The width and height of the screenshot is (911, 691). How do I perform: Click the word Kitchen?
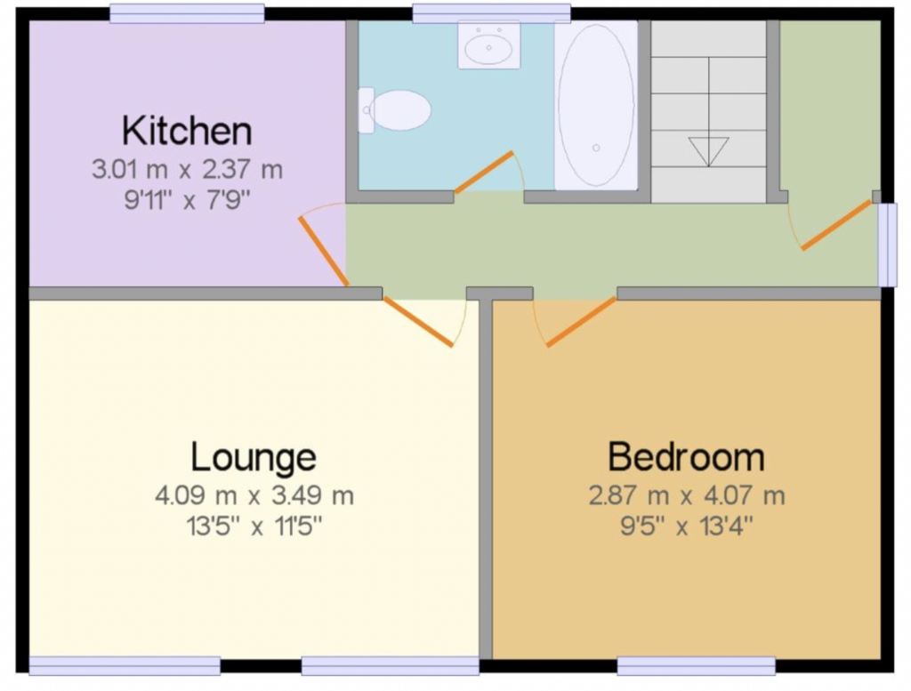coord(187,132)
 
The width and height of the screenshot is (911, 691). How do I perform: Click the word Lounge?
coord(254,458)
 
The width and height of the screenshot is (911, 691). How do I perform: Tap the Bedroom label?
coord(686,457)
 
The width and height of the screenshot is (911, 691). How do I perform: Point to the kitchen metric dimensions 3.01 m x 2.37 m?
coord(187,170)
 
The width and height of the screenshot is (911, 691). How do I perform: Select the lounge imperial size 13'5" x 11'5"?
coord(254,526)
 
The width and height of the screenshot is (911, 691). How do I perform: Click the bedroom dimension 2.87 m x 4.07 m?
coord(687,496)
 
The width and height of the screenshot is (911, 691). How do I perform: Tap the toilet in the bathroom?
coord(394,109)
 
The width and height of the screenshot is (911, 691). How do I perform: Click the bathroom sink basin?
coord(488,44)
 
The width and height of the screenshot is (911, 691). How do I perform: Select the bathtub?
coord(596,105)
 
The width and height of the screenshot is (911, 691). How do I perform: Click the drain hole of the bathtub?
coord(596,148)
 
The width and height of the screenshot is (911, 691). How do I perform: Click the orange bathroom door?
coord(484,172)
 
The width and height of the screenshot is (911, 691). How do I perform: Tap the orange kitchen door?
coord(324,251)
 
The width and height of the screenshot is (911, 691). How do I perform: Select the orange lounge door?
coord(418,322)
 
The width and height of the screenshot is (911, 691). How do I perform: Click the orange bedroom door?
coord(581,322)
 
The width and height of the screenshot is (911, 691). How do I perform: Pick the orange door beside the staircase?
coord(836,225)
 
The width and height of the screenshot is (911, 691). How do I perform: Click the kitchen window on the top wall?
coord(187,13)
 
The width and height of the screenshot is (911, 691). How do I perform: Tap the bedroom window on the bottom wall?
coord(696,666)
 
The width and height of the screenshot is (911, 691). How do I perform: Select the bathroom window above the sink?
coord(491,13)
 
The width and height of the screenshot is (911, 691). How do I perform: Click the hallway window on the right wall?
coord(887,245)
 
